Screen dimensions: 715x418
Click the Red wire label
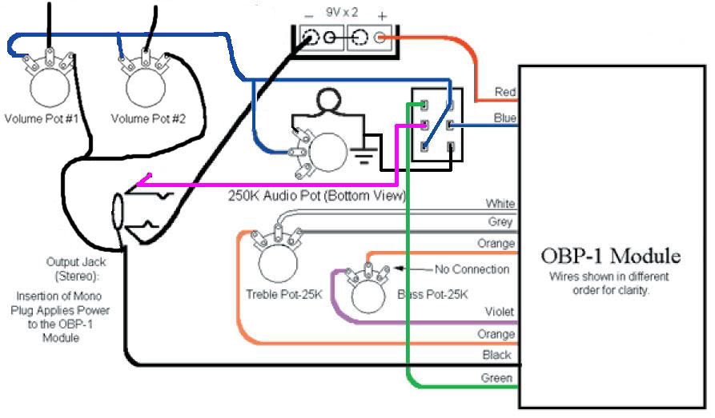pyautogui.click(x=504, y=92)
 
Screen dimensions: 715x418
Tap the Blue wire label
pyautogui.click(x=504, y=118)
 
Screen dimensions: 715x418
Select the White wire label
pyautogui.click(x=500, y=204)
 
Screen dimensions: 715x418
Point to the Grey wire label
pyautogui.click(x=500, y=221)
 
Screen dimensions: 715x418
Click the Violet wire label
pyautogui.click(x=500, y=312)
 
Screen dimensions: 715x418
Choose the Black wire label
pyautogui.click(x=497, y=355)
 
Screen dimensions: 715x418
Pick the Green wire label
pyautogui.click(x=496, y=378)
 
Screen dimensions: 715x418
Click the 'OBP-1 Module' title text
pyautogui.click(x=611, y=256)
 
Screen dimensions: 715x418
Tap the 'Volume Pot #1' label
pyautogui.click(x=42, y=119)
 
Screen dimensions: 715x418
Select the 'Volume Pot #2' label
pyautogui.click(x=148, y=119)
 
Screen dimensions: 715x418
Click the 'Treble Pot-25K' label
pyautogui.click(x=284, y=295)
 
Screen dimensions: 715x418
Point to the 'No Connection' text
pyautogui.click(x=472, y=269)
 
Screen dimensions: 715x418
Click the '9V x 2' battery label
pyautogui.click(x=342, y=12)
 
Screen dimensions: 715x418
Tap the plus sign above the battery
pyautogui.click(x=382, y=17)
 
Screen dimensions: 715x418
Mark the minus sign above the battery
pyautogui.click(x=309, y=17)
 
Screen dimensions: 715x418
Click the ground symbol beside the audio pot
pyautogui.click(x=363, y=156)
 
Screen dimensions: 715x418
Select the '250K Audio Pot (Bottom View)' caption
pyautogui.click(x=317, y=196)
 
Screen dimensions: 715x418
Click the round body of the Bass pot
pyautogui.click(x=368, y=296)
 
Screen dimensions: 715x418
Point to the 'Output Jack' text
pyautogui.click(x=76, y=262)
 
